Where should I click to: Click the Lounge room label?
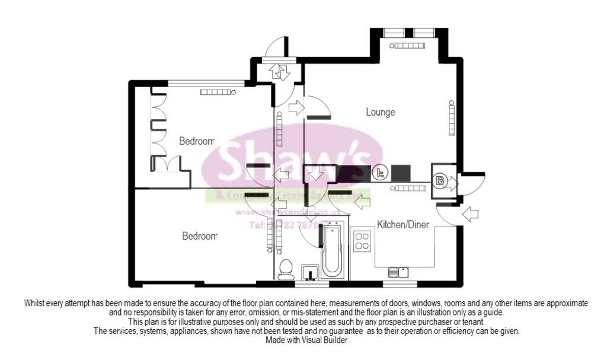[x=380, y=112]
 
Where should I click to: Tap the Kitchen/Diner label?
[x=403, y=224]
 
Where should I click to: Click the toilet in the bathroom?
[x=286, y=269]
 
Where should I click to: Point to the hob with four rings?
[x=362, y=241]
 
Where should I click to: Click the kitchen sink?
[x=398, y=272]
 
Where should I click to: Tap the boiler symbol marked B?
[x=440, y=181]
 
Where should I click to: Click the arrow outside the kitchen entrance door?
[x=470, y=214]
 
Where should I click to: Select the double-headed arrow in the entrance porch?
[x=280, y=72]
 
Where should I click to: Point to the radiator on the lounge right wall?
[x=451, y=117]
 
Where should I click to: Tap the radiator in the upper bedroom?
[x=218, y=92]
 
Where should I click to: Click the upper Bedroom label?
[x=197, y=141]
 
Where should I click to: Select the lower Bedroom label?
[x=200, y=236]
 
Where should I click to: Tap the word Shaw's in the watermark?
[x=293, y=159]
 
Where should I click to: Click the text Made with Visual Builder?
[x=303, y=340]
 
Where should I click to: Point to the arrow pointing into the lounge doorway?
[x=295, y=108]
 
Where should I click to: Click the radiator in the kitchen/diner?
[x=408, y=189]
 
